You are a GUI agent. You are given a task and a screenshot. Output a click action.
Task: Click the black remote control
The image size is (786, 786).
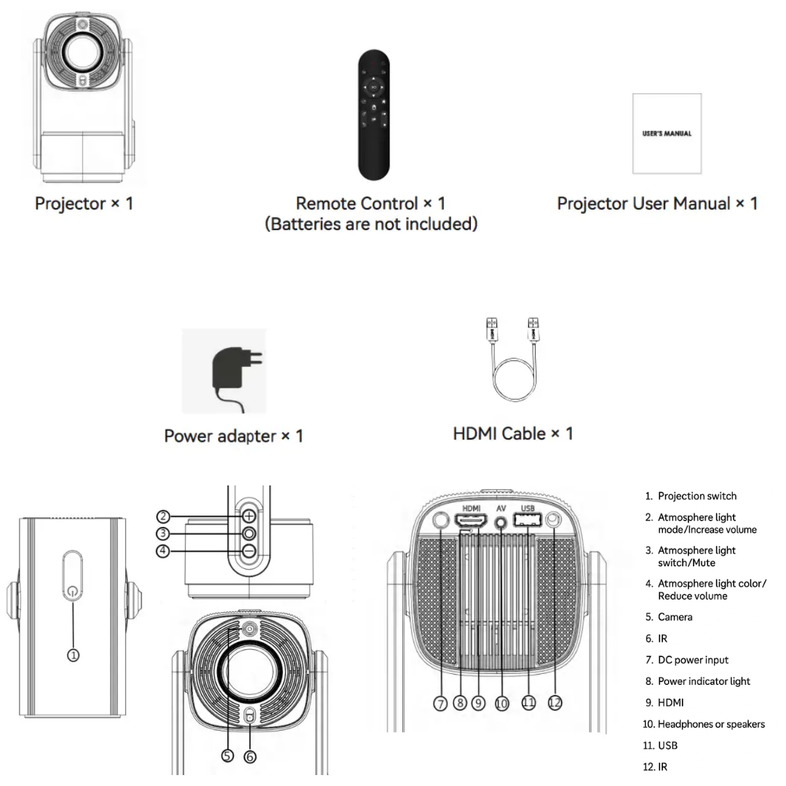click(374, 114)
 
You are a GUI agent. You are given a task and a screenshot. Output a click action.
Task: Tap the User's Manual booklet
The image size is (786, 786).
click(667, 134)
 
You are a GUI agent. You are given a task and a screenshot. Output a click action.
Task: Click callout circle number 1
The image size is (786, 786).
click(73, 655)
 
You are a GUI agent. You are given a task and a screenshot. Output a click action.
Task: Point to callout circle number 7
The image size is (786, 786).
click(440, 703)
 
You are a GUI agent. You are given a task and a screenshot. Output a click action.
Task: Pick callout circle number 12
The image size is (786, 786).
click(555, 703)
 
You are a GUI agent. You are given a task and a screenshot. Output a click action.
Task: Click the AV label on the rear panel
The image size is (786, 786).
click(501, 507)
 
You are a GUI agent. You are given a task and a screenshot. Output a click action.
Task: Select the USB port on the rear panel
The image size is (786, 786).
click(528, 521)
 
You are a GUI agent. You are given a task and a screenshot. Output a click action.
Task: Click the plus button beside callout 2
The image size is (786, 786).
click(250, 516)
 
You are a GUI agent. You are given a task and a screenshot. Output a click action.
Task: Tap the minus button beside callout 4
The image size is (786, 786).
click(250, 551)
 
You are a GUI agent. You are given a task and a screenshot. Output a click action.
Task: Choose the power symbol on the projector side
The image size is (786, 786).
click(71, 591)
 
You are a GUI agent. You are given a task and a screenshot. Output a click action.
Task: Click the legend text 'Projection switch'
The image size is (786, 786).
click(696, 496)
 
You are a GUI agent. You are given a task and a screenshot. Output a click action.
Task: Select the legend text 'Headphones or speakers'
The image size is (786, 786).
click(710, 724)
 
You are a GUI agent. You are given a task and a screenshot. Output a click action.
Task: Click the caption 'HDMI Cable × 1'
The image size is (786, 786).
click(513, 434)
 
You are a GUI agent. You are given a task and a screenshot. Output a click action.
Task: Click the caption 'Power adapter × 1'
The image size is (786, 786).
click(234, 436)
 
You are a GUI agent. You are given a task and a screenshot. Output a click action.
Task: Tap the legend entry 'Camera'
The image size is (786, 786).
click(675, 617)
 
